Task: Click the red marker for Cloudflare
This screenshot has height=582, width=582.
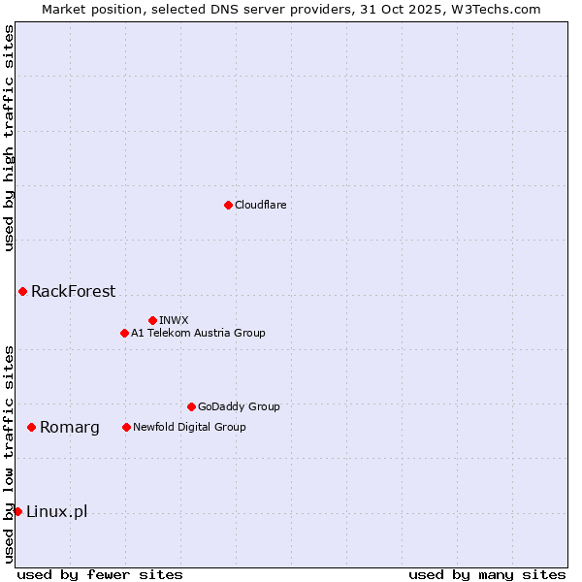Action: click(228, 205)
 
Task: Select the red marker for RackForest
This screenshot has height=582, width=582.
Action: click(22, 291)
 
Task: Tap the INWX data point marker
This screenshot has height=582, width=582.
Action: click(152, 320)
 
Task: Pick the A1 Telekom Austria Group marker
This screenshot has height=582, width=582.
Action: click(124, 333)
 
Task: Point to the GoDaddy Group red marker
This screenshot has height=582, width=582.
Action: click(191, 406)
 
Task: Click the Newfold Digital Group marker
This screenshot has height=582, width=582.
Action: click(126, 427)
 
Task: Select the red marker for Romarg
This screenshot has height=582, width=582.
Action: click(31, 427)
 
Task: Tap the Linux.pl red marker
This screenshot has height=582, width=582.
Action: click(17, 511)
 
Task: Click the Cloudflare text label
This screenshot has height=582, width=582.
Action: click(260, 205)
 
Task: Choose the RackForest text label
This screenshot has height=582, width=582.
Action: click(73, 291)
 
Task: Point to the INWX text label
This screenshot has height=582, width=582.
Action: click(174, 320)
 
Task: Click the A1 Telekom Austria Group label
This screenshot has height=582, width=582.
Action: click(198, 333)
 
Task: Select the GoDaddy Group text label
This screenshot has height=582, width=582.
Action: click(239, 406)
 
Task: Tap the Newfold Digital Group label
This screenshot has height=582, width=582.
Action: click(189, 427)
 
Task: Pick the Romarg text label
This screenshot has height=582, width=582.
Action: click(70, 427)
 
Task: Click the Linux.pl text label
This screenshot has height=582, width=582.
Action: click(56, 511)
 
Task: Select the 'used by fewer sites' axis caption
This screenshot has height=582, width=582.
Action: click(100, 574)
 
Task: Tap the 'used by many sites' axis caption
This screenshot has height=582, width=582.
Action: click(487, 574)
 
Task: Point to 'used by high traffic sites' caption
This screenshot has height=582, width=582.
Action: click(9, 138)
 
